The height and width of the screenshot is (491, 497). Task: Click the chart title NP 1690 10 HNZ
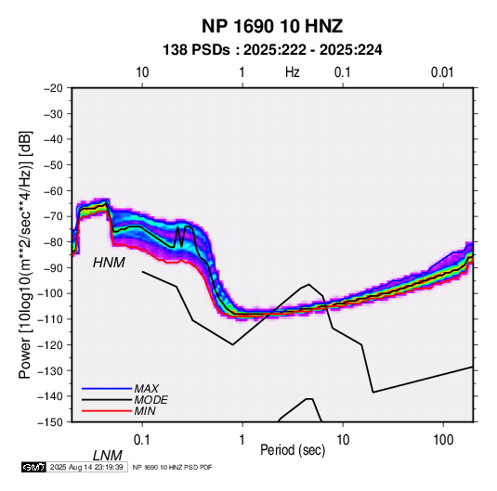tap(272, 26)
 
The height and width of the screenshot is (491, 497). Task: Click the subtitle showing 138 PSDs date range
tap(272, 50)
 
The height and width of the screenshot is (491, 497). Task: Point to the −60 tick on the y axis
tap(53, 190)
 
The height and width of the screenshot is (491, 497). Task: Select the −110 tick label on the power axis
tap(50, 319)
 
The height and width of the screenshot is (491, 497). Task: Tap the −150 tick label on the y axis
tap(50, 422)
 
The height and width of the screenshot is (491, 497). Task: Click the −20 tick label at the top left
tap(53, 88)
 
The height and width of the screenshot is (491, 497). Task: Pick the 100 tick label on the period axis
tap(443, 440)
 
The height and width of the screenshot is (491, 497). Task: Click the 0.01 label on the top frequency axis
tap(442, 72)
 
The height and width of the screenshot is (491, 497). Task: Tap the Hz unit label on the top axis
tap(293, 72)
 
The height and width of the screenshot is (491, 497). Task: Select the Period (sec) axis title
tap(293, 450)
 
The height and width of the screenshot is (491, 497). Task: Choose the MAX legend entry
tap(147, 388)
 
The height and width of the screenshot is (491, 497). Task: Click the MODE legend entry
tap(150, 400)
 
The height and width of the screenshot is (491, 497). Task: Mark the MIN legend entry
tap(145, 411)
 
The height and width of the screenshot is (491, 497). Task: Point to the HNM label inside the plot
tap(109, 263)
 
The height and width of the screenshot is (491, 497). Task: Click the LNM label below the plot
tap(108, 456)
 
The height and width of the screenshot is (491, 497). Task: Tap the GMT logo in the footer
tap(34, 467)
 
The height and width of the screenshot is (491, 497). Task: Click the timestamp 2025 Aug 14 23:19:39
tap(86, 467)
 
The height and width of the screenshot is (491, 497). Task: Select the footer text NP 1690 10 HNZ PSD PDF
tap(172, 467)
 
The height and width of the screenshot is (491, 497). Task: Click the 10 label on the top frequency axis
tap(142, 72)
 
